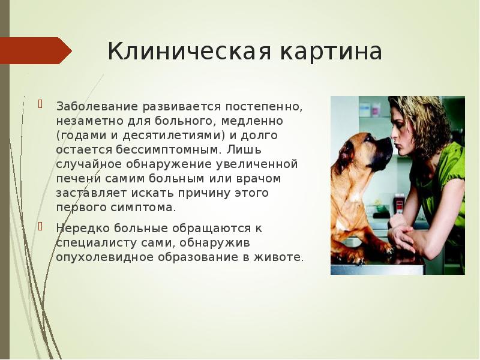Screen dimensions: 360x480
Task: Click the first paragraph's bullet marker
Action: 41,104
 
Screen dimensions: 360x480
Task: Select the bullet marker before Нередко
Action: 41,226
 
